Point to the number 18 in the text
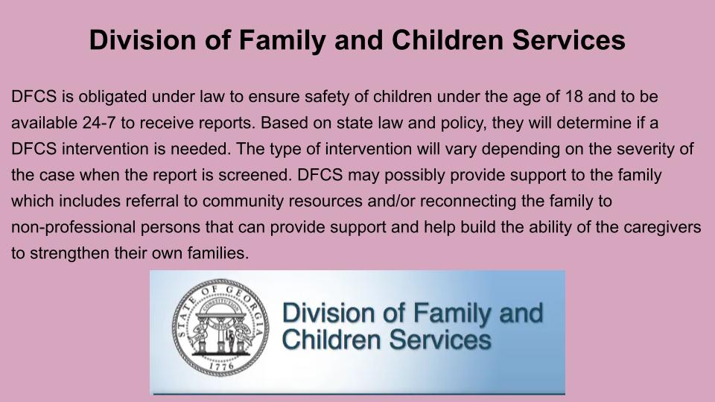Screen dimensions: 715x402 [x=574, y=97]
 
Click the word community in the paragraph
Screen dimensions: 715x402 [x=244, y=202]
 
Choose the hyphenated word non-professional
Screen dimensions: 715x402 [x=74, y=228]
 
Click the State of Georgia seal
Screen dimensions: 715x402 [x=220, y=328]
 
